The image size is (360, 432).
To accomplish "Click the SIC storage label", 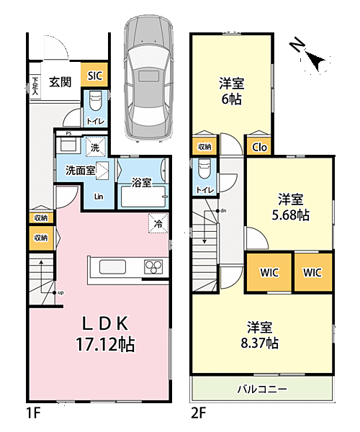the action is pos(95,76).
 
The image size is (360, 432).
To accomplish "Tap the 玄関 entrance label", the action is pos(60,82).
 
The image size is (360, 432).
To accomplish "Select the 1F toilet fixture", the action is pos(96,102).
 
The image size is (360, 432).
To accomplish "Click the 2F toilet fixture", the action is pos(204,168).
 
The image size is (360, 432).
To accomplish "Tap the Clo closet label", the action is pos(259,148).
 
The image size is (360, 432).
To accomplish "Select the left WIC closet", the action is pos(269,272).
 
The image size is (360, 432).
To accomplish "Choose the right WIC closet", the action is pos(313,272).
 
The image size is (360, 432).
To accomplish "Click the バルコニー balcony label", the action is pos(262,389).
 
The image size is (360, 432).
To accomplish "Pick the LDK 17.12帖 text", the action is pos(106,334).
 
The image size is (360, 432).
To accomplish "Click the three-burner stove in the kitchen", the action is pos(153,266).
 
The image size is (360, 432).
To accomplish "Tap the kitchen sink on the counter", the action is pos(112,267).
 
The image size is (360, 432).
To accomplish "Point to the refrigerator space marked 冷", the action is pos(158,223).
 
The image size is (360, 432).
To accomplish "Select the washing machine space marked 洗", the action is pos(95,147).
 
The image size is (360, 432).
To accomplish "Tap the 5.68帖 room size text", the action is pos(290,215).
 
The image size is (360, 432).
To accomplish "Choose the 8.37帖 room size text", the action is pos(259,343).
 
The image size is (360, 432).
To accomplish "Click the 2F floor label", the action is pos(198,413).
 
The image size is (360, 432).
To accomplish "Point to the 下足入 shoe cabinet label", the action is pos(35,86).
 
